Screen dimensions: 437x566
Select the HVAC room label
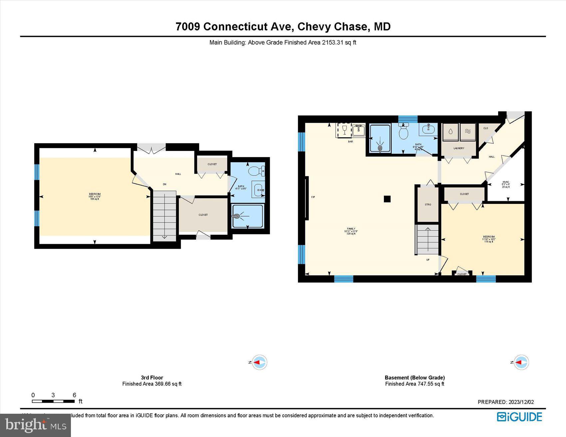coord(506,185)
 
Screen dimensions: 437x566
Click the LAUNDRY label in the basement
coord(459,148)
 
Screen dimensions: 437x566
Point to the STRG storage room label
coord(428,205)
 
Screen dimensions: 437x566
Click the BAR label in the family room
coord(350,142)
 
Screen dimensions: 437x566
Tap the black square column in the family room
coord(387,199)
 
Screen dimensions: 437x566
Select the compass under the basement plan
coord(521,362)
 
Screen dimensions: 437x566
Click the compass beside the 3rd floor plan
coord(259,362)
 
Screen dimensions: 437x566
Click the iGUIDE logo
coord(519,417)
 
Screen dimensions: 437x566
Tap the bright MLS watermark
coord(35,425)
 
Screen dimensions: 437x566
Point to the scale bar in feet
coord(53,401)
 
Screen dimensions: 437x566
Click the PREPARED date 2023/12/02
coord(506,402)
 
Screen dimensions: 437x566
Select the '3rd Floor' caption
coord(152,377)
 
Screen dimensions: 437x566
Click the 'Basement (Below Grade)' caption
coord(415,377)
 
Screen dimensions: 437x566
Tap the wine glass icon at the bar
coord(344,129)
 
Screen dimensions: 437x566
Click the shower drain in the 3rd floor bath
coord(237,216)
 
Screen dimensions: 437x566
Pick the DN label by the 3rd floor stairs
coord(164,184)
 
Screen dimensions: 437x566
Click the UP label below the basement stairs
coord(428,260)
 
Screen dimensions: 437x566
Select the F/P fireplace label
coord(313,197)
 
